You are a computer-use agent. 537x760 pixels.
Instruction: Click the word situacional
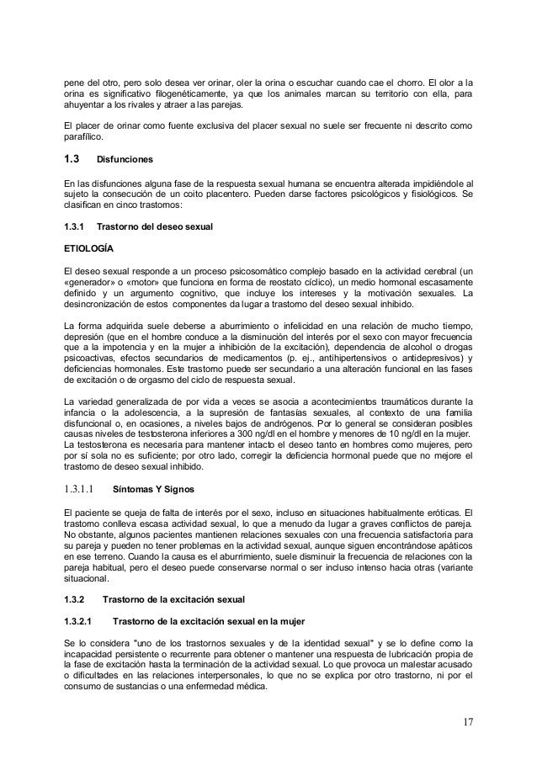tap(88, 577)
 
